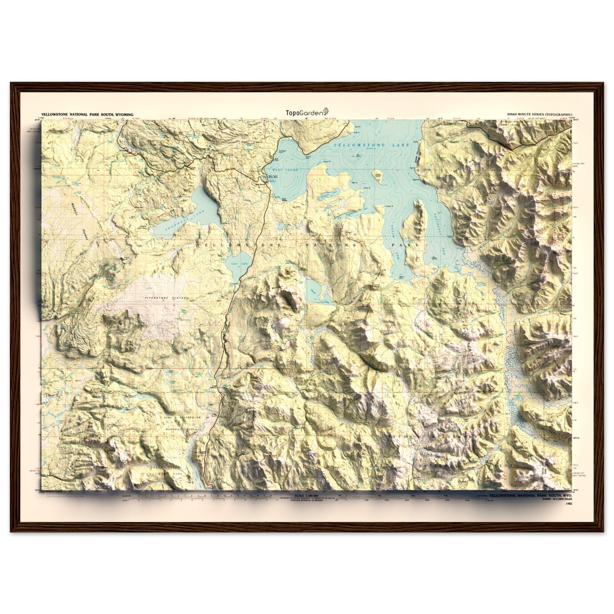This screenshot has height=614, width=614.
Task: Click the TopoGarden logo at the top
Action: coord(307,111)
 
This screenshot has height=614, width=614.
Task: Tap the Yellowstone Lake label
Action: coord(371,146)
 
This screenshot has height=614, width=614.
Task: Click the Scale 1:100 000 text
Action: coord(307,496)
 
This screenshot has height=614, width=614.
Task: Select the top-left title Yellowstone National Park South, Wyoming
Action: coord(87,115)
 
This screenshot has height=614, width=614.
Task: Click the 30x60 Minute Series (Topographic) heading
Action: coord(539,115)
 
